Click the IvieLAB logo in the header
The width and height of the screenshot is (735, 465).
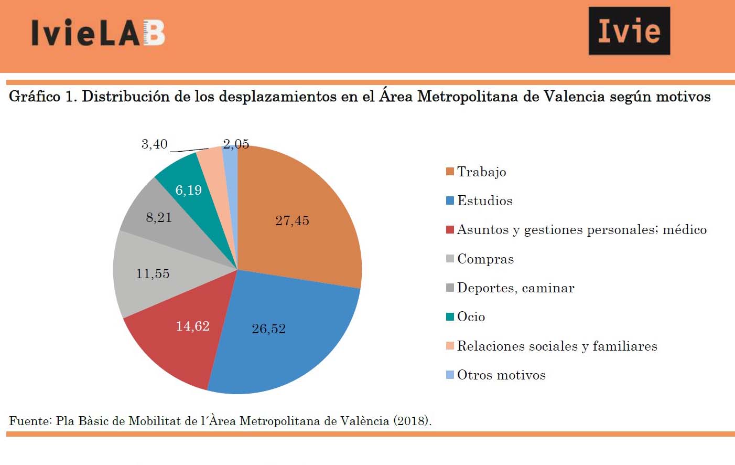(98, 33)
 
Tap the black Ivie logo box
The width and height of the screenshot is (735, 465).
(629, 31)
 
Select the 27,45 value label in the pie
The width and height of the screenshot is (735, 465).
(292, 220)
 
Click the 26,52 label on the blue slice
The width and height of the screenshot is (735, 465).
(268, 329)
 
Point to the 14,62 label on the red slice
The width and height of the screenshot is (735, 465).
(192, 326)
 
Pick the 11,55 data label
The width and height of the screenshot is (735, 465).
(153, 274)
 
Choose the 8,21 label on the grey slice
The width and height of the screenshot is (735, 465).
(159, 218)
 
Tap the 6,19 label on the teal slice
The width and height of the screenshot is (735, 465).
(188, 190)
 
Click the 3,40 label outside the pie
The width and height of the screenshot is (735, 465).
(154, 144)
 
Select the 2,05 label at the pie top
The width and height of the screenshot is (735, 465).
(236, 144)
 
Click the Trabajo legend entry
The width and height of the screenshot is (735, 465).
(481, 172)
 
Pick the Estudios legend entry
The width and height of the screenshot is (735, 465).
(484, 201)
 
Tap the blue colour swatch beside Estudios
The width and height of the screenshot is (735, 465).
(450, 200)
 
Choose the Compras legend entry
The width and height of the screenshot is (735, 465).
(485, 259)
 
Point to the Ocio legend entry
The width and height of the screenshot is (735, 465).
(471, 317)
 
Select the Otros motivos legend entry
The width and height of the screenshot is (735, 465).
(501, 375)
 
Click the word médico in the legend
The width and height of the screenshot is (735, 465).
(684, 230)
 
